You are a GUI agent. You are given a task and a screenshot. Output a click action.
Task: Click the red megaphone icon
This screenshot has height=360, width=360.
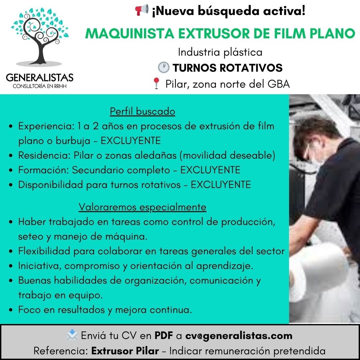142,10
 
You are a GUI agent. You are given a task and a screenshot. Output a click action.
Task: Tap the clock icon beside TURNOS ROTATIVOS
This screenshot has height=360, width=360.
164,67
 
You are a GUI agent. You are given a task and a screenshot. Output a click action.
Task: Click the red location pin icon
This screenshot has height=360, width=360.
156,83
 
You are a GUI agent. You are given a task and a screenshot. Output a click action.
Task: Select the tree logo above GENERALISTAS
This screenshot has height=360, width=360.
40,37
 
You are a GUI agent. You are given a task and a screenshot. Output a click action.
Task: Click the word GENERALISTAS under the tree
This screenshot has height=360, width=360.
40,77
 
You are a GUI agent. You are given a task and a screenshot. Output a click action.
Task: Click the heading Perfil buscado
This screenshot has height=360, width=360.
143,111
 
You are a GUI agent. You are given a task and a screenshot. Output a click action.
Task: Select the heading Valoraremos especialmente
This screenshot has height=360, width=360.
142,207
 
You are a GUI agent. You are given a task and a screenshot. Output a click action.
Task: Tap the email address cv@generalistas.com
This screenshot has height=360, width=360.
239,336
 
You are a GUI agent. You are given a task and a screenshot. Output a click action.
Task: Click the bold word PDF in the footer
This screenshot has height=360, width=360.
163,335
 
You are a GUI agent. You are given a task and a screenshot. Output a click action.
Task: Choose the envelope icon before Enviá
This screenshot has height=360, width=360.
72,335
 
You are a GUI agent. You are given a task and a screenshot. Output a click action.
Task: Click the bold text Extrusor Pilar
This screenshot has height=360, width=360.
125,351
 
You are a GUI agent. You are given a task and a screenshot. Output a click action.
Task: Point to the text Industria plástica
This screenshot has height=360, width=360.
220,52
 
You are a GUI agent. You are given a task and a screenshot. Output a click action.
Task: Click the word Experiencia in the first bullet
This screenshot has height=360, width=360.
45,126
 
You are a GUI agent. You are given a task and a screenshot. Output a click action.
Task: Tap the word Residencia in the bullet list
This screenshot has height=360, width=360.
44,155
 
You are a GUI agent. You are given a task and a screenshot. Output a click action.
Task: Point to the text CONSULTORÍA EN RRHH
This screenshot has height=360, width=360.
40,86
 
